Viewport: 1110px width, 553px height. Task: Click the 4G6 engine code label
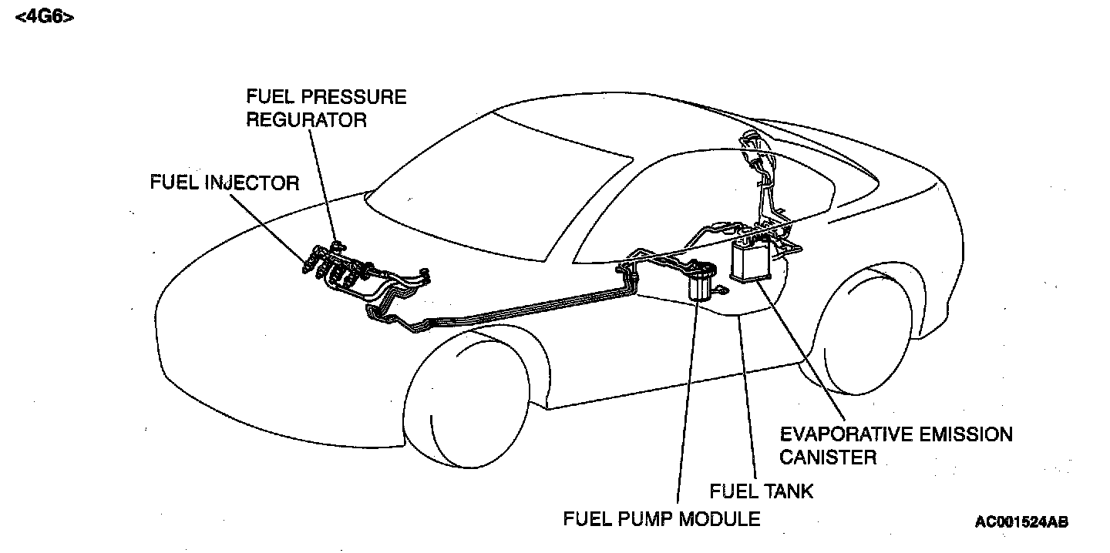point(44,17)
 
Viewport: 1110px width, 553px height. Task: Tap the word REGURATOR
point(306,120)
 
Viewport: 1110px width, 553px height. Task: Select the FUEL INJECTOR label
point(224,183)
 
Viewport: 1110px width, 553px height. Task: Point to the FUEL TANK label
point(761,491)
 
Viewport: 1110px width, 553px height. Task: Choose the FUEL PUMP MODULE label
point(661,518)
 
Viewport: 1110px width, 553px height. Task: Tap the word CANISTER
point(828,457)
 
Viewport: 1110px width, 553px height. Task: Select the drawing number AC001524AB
point(1021,521)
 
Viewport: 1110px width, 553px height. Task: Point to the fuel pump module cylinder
point(700,283)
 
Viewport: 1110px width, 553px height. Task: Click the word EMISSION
point(967,434)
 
